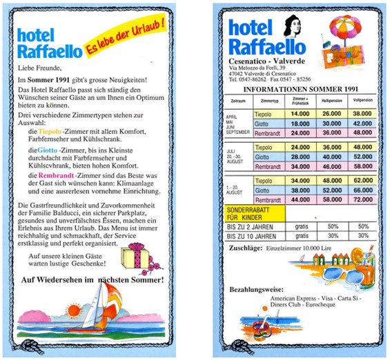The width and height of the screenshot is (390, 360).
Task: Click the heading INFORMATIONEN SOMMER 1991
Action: pyautogui.click(x=302, y=89)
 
